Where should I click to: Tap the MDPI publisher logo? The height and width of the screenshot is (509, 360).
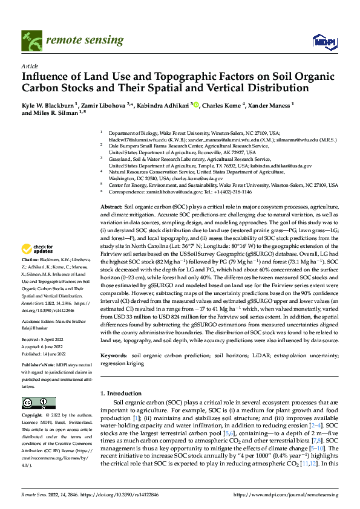(x=321, y=41)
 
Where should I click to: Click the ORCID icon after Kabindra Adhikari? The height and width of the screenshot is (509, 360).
(x=196, y=105)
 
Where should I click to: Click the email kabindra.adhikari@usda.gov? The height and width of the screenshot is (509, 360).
(x=281, y=165)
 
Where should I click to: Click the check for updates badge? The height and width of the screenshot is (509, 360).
(x=38, y=266)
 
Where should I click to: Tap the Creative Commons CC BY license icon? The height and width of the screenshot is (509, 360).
(x=38, y=403)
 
